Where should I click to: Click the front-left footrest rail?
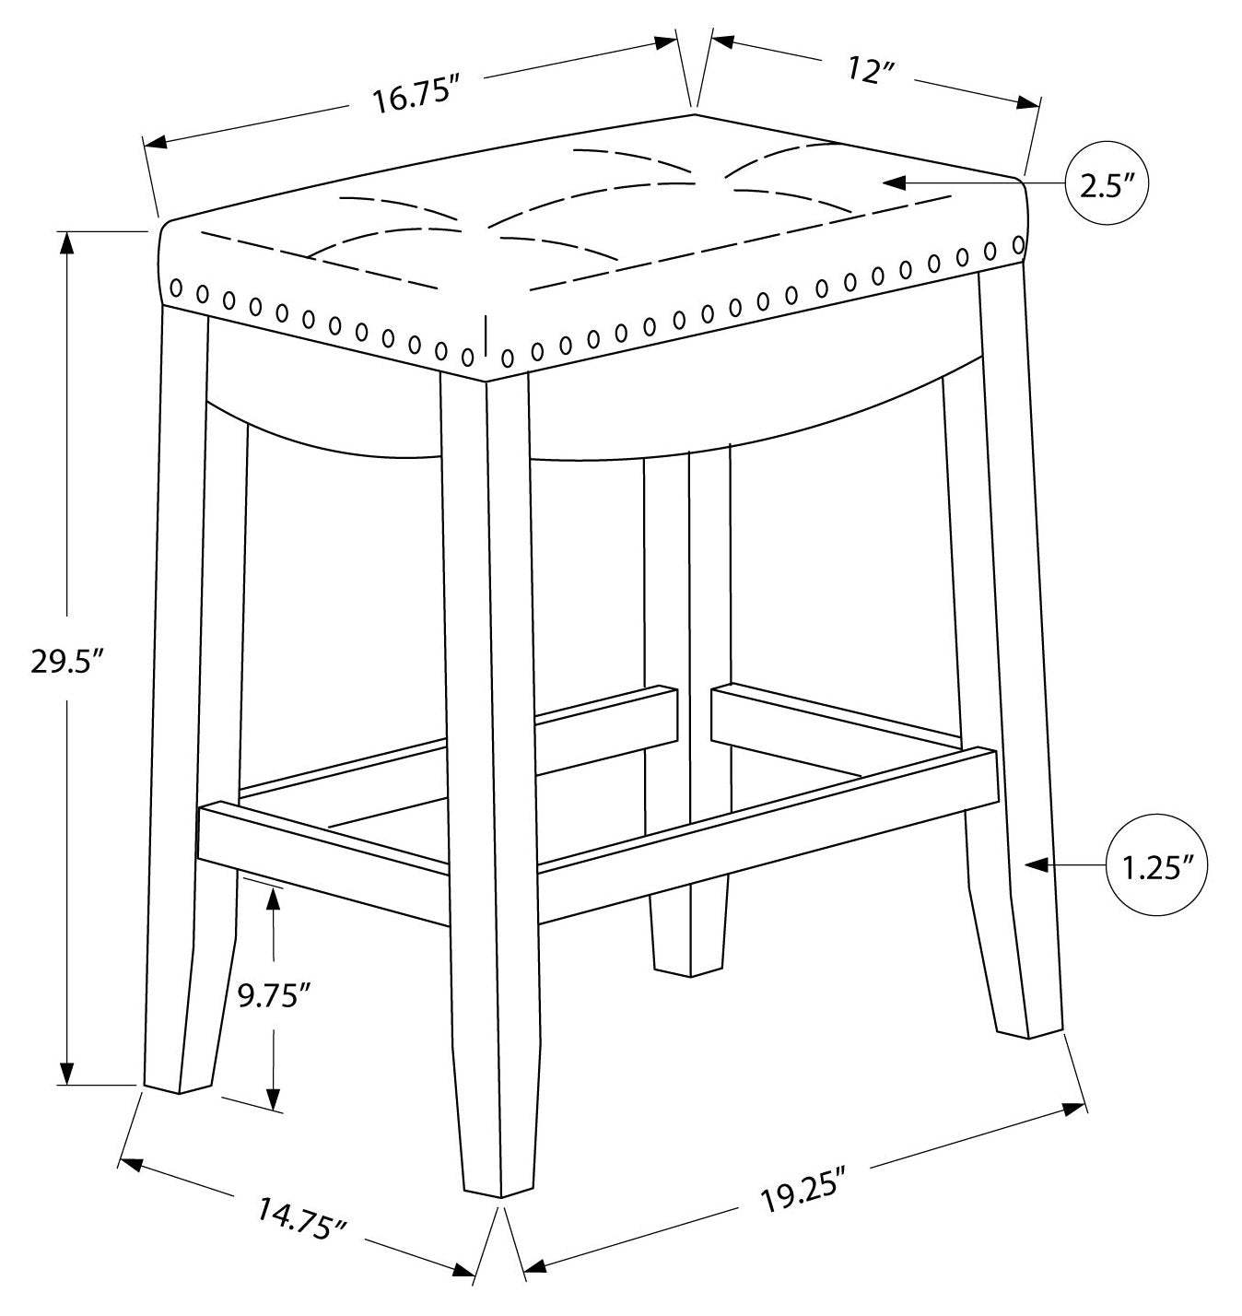point(322,840)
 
